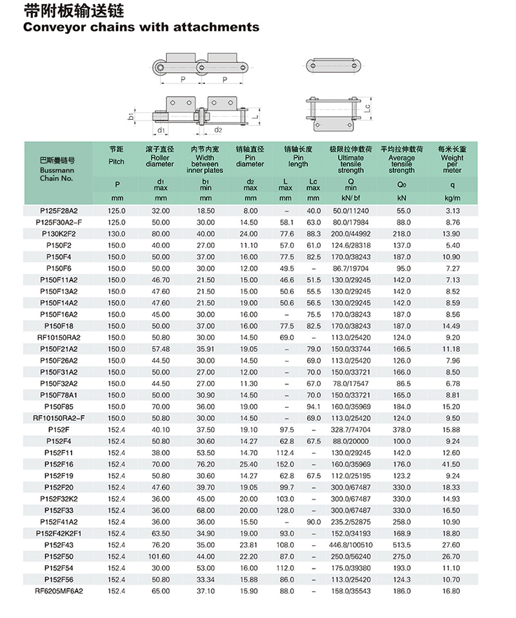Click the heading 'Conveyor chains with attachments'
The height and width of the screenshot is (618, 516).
tap(141, 27)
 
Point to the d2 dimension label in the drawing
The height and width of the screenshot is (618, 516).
tap(218, 130)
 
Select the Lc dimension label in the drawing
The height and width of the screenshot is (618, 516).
tap(366, 108)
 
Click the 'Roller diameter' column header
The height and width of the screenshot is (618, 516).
tap(160, 159)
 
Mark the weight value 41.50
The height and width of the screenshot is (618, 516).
tap(452, 464)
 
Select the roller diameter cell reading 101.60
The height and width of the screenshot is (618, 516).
tap(160, 556)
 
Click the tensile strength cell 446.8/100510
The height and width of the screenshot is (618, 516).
tap(350, 545)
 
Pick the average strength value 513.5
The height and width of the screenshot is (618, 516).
tap(402, 545)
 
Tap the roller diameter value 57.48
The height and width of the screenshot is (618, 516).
tap(160, 349)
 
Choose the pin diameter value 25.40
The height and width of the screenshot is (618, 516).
tap(250, 464)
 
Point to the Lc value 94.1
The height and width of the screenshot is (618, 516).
tap(313, 407)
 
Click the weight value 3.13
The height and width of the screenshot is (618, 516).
tap(452, 211)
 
